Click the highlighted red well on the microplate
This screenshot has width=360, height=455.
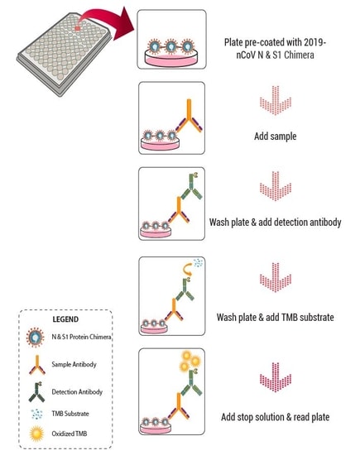(78, 28)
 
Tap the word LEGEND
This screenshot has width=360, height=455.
(65, 319)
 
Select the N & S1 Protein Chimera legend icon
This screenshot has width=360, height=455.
(36, 338)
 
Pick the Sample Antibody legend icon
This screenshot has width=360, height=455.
(37, 365)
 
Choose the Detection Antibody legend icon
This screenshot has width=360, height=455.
(37, 392)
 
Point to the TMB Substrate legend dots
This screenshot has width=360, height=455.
(37, 414)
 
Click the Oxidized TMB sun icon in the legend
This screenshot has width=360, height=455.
(37, 433)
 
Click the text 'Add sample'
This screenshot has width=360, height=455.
(276, 136)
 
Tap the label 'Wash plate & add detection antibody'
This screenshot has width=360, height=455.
(276, 223)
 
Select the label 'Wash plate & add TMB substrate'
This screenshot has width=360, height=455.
(276, 317)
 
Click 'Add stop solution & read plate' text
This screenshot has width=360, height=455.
(276, 417)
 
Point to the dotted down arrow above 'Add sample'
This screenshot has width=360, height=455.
(276, 100)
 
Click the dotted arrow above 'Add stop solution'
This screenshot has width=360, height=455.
(276, 377)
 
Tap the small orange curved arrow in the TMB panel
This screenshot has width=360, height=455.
(187, 270)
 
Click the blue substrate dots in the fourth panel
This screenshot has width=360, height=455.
(199, 263)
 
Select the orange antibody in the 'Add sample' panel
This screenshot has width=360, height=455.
(189, 116)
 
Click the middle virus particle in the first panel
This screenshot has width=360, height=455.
(171, 45)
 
